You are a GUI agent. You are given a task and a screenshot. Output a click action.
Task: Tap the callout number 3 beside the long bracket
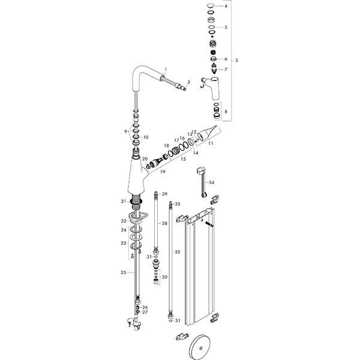click(236, 61)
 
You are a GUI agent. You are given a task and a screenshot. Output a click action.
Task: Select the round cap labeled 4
click(209, 6)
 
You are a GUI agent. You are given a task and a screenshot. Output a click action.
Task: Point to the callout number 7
click(226, 70)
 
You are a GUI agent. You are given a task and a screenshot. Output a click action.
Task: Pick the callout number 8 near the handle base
click(226, 112)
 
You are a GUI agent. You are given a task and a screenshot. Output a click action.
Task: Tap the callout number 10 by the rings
click(145, 137)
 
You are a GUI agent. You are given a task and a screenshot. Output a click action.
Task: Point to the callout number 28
click(165, 223)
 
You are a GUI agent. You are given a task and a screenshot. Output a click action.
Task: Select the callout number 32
click(177, 252)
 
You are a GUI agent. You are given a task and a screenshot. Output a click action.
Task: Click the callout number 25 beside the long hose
click(123, 272)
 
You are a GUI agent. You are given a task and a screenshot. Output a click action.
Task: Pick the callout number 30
click(165, 277)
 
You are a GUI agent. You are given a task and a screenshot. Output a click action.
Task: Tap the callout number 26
click(145, 307)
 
